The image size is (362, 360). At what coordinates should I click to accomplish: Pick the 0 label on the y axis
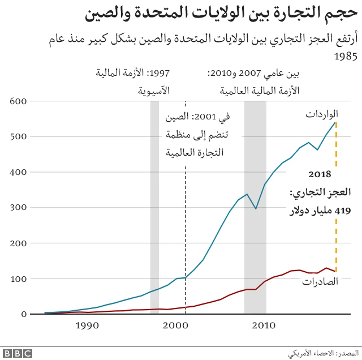(x=24, y=314)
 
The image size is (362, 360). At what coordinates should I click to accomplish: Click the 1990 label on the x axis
(x=88, y=325)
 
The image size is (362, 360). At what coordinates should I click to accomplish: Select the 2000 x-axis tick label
(x=176, y=325)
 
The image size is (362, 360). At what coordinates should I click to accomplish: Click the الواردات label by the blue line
(x=321, y=114)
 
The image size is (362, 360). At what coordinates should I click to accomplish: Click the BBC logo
(x=16, y=353)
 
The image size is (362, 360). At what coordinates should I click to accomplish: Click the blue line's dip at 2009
(x=256, y=209)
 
